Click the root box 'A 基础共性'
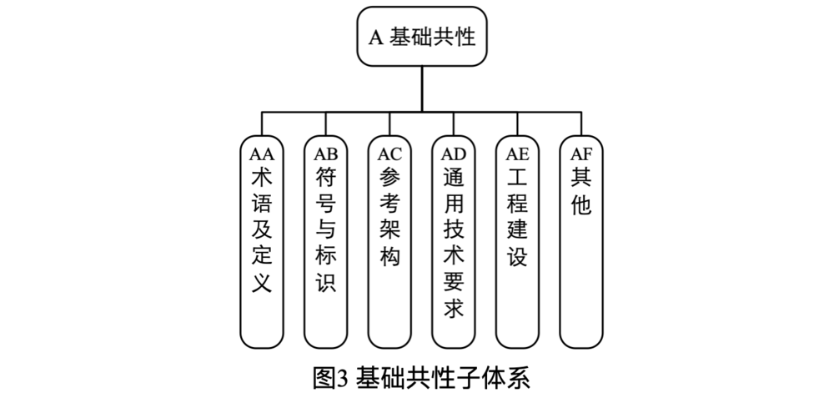(x=423, y=38)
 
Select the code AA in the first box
(x=261, y=154)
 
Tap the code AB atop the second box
(x=325, y=154)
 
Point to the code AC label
(x=389, y=154)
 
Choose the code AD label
(x=454, y=154)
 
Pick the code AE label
(x=517, y=154)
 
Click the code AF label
(x=581, y=154)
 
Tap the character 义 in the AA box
(x=261, y=282)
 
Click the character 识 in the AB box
(x=325, y=282)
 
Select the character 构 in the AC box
(x=389, y=256)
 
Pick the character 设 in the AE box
(x=517, y=256)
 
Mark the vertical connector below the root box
(x=422, y=88)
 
